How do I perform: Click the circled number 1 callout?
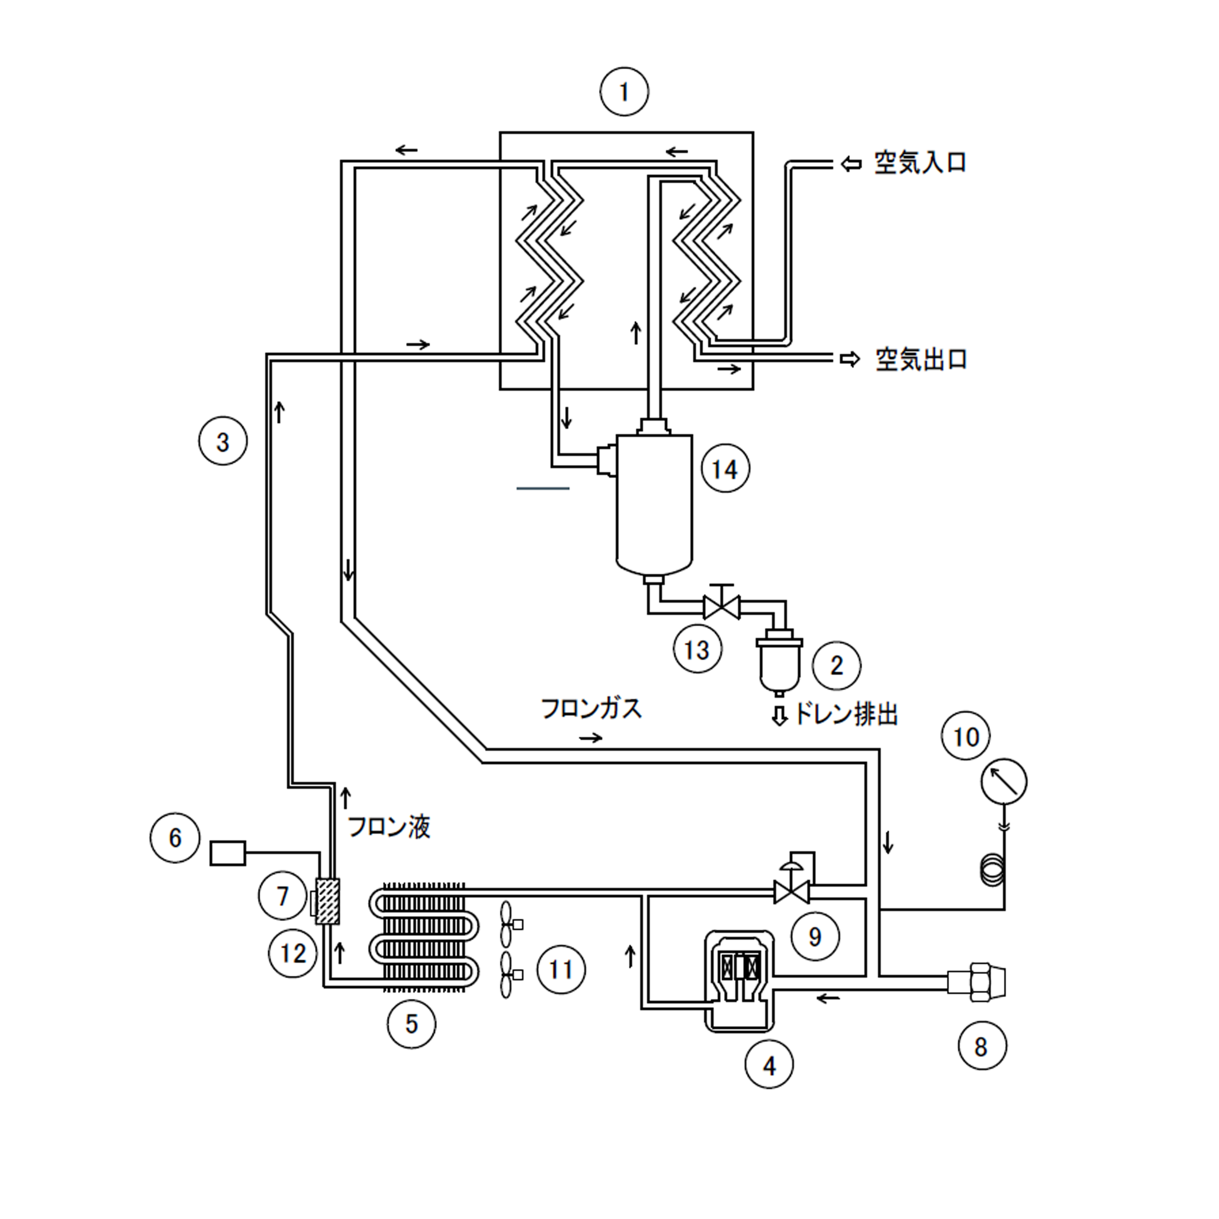point(624,92)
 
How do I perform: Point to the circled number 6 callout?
point(175,838)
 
